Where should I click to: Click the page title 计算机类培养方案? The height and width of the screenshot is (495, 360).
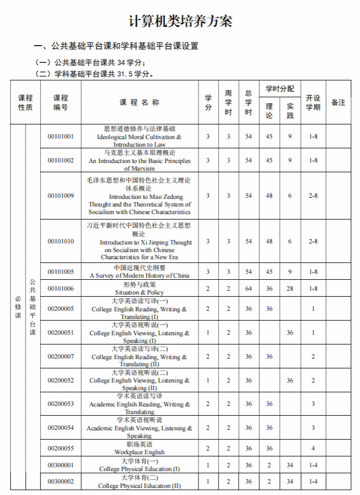pos(180,21)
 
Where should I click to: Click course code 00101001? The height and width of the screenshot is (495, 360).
pos(60,136)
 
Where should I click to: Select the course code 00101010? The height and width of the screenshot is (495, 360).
pos(60,241)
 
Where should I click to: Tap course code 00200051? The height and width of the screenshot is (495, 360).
pos(60,333)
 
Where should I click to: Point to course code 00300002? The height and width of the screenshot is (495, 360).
pos(60,481)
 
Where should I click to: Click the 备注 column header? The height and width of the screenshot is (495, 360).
pos(338,102)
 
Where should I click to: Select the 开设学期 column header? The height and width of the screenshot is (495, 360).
pos(313,102)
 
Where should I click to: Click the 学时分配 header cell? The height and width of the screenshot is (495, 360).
pos(280,89)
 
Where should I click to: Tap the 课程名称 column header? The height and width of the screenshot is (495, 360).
pos(139,102)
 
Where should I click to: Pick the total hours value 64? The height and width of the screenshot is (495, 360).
pos(249,289)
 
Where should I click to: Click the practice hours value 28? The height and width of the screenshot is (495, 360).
pos(290,289)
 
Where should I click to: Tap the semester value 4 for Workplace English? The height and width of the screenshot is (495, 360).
pos(313,448)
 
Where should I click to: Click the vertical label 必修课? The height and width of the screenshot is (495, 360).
pos(18,306)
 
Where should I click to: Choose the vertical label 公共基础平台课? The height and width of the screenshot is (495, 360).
pos(33,306)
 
